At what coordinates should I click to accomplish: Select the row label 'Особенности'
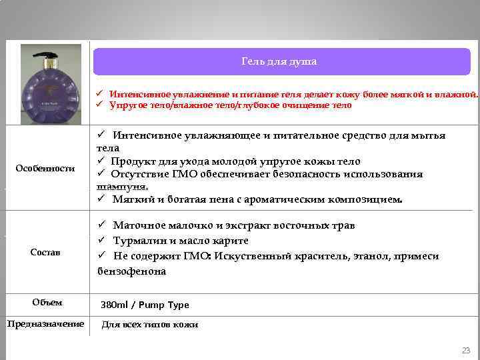point(45,168)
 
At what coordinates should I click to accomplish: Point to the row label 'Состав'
point(45,252)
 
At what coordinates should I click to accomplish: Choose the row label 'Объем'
point(47,302)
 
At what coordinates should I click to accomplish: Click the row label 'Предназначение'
point(45,323)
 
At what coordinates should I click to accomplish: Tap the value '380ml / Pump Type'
point(145,305)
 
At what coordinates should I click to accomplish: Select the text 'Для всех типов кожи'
point(149,325)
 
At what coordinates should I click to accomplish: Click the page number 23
point(465,350)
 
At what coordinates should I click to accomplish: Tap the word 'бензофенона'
point(131,271)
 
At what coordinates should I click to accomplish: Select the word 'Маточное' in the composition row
point(136,225)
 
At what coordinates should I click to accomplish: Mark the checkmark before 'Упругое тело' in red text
point(98,105)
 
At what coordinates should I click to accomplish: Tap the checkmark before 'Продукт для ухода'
point(101,161)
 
